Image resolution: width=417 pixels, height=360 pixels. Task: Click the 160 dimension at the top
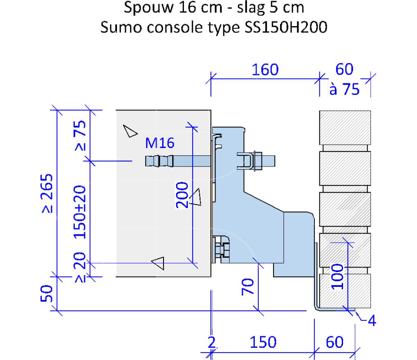tap(265, 70)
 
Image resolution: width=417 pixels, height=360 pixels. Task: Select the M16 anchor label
tap(160, 143)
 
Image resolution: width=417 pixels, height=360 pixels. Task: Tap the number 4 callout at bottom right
tap(372, 321)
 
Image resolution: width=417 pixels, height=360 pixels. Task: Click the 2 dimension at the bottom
tap(211, 342)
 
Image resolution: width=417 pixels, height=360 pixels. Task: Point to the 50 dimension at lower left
tap(47, 293)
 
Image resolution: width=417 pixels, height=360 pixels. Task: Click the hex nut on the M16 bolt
tap(258, 161)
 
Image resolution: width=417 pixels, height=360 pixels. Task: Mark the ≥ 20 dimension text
tap(80, 267)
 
